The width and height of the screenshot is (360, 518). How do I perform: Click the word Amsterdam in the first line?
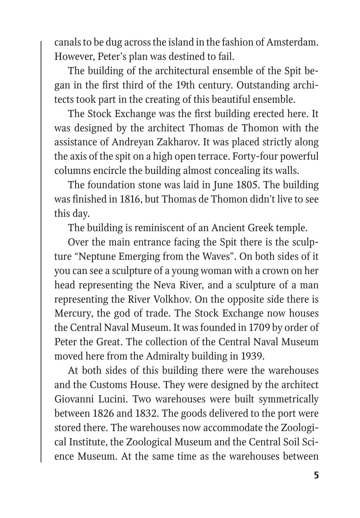292,42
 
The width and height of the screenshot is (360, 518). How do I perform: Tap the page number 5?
316,475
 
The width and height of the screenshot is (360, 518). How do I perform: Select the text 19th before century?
185,85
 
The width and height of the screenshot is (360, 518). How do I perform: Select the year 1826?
103,414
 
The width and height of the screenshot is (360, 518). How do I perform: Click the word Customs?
108,385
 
